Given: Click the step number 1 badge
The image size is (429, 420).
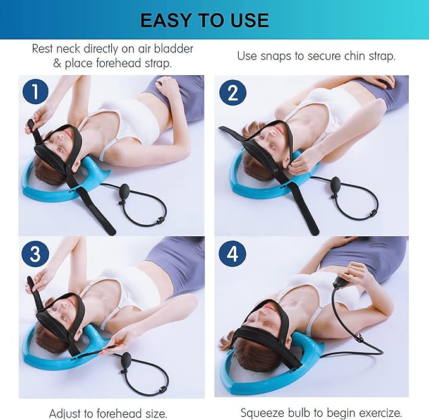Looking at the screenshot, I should pyautogui.click(x=36, y=92).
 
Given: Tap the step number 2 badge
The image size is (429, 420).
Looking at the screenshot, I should pyautogui.click(x=232, y=93).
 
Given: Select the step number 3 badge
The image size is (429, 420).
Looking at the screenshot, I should pyautogui.click(x=36, y=254).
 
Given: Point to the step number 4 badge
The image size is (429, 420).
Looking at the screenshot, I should pyautogui.click(x=232, y=254).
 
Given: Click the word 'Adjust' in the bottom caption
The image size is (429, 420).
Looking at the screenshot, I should pyautogui.click(x=69, y=413).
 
